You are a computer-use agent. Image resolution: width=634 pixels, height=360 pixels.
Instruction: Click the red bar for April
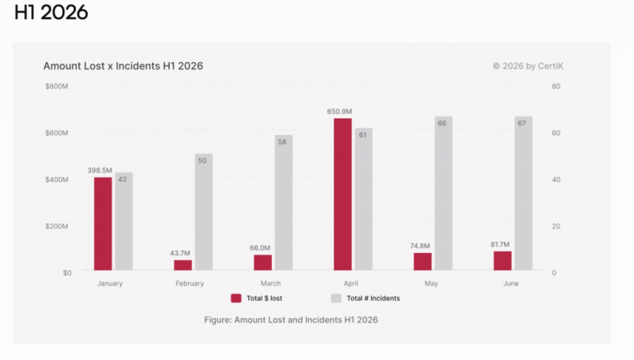point(342,194)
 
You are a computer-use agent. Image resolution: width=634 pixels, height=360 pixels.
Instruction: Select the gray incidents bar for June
point(523,193)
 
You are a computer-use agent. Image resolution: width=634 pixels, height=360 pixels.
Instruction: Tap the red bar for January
point(103,224)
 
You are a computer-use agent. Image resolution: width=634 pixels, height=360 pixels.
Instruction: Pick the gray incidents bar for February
point(204,212)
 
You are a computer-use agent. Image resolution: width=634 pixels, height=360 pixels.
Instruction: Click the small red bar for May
point(422,262)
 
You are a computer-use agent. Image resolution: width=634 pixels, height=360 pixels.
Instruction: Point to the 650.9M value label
point(340,111)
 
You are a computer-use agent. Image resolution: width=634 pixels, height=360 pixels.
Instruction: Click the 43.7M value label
point(180,253)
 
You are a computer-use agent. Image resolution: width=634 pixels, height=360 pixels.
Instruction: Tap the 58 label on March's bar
point(282,142)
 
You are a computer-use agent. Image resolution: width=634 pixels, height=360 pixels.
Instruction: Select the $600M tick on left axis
point(56,133)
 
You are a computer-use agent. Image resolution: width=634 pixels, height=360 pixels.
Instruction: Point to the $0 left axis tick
point(67,273)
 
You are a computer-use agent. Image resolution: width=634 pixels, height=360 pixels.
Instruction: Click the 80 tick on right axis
point(556,86)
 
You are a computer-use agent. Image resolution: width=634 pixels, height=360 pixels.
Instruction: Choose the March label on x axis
point(270,284)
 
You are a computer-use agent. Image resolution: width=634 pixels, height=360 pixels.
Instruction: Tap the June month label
point(510,284)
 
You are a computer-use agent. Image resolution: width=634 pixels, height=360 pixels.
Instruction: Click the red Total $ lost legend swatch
point(236,298)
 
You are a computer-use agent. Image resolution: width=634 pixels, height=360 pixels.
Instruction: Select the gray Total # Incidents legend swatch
point(336,298)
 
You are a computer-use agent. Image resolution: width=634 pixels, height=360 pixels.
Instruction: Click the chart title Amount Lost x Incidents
point(124,66)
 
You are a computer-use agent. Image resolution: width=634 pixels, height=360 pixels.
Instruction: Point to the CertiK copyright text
point(528,66)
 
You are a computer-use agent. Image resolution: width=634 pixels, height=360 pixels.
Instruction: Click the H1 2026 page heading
point(51,12)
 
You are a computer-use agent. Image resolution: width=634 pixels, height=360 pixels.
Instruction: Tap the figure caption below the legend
point(291,320)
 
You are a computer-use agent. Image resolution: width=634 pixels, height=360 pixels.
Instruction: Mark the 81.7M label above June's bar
point(500,244)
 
